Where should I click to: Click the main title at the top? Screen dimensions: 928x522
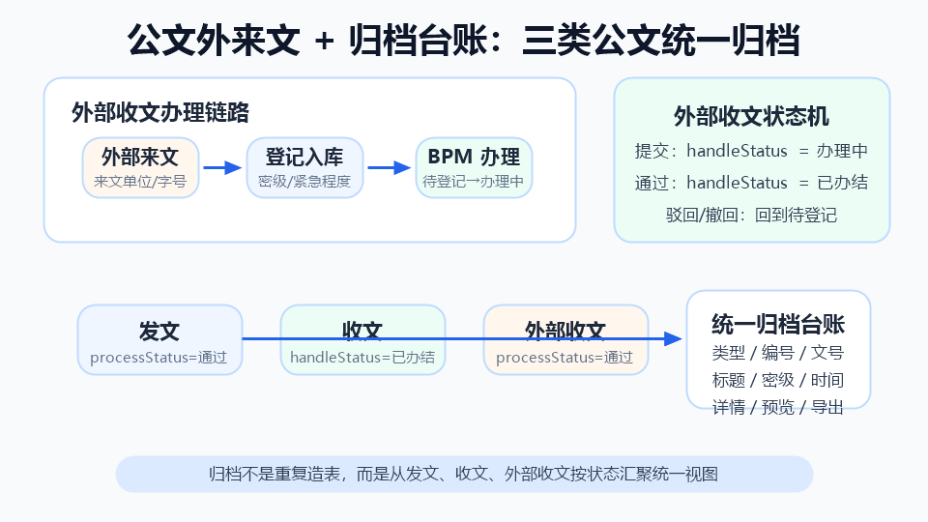463,41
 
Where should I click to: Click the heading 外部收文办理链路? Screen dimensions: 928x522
160,112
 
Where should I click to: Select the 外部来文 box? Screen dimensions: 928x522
140,167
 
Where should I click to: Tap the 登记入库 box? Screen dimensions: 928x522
304,167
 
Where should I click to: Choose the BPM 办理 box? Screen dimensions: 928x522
474,167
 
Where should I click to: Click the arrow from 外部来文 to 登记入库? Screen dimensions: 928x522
222,167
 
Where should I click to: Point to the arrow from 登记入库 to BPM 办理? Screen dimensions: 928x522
390,167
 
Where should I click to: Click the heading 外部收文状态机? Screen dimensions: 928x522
752,117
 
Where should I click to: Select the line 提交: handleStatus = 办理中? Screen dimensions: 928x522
752,151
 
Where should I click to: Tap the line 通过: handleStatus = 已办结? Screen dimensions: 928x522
752,183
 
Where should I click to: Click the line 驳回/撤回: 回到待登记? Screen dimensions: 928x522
752,215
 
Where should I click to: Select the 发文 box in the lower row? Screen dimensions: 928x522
159,339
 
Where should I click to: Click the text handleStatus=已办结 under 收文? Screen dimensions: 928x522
362,358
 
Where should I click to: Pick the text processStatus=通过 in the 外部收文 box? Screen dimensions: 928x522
565,358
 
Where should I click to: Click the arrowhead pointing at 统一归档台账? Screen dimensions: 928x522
673,339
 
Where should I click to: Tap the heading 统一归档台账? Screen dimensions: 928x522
778,325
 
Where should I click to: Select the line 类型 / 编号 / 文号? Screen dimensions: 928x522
778,353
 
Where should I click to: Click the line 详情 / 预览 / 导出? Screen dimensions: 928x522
778,407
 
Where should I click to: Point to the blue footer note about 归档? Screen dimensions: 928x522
464,474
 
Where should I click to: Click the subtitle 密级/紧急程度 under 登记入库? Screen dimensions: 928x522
304,181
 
